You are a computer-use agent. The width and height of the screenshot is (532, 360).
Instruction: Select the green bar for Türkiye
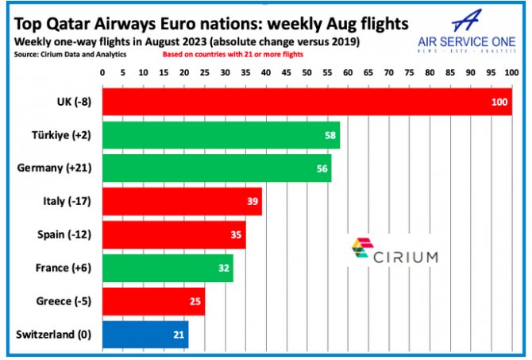tap(221, 134)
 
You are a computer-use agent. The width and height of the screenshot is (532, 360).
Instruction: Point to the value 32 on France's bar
tap(224, 269)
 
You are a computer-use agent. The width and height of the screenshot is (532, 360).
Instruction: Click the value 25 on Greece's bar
tap(195, 302)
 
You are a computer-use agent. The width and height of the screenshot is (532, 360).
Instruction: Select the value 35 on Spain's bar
tap(237, 235)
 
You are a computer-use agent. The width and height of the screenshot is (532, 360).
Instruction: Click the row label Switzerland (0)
tap(53, 335)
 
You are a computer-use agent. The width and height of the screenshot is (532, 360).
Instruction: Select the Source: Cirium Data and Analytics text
tap(70, 55)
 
